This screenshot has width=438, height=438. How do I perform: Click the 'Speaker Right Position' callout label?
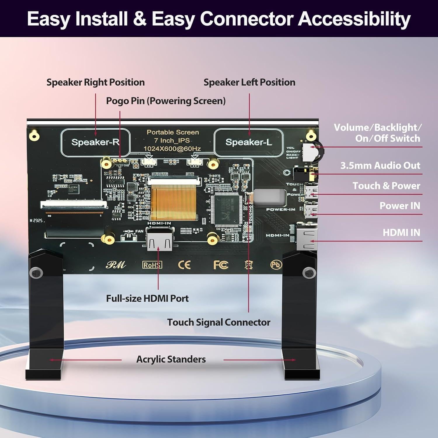[95, 82]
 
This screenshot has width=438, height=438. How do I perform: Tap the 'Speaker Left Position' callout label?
[249, 82]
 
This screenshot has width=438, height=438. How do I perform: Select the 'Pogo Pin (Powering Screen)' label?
[166, 101]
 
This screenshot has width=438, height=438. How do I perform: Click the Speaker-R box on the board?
[95, 142]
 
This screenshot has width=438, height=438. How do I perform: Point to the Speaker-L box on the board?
[248, 142]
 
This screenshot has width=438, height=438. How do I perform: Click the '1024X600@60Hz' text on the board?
[172, 149]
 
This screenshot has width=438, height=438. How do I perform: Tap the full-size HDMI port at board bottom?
[159, 240]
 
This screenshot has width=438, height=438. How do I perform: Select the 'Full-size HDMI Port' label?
[147, 298]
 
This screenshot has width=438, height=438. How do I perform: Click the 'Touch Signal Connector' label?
[218, 322]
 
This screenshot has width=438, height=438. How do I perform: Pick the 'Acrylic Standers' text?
[171, 359]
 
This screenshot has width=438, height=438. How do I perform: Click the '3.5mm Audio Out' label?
[380, 166]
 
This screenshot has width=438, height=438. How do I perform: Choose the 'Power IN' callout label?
[399, 206]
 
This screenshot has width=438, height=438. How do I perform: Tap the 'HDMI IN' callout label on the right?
[401, 233]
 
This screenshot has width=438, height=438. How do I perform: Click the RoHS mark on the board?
[152, 265]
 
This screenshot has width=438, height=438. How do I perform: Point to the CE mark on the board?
[184, 265]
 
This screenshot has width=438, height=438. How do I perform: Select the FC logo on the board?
[220, 265]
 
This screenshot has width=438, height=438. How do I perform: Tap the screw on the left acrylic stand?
[36, 273]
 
